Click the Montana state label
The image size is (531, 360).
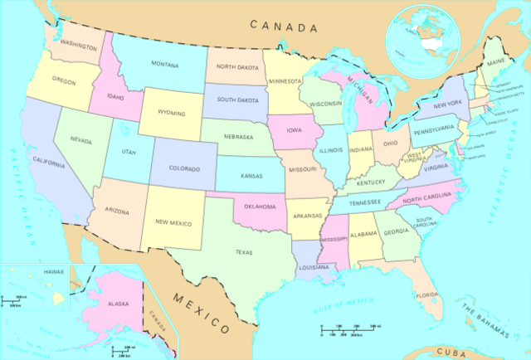coord(164,64)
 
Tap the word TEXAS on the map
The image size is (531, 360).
coord(244,252)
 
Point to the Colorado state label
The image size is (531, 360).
coord(184,168)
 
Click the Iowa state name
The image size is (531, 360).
coord(295,130)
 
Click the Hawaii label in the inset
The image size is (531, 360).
coord(31,271)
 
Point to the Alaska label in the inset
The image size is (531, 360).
coord(119,304)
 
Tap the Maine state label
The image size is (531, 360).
coord(496,61)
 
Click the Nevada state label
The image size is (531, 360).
coord(80,140)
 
